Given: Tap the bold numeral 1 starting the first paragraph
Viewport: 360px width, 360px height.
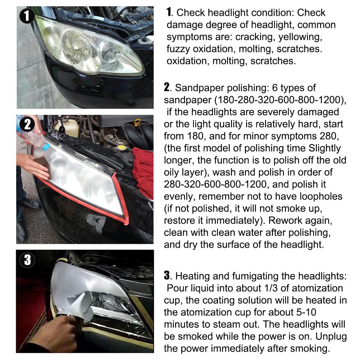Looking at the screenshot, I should pyautogui.click(x=169, y=13).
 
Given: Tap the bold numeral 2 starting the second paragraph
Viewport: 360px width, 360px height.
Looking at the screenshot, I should pyautogui.click(x=167, y=87).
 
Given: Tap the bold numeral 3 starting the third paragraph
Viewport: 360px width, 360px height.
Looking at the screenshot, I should pyautogui.click(x=167, y=276).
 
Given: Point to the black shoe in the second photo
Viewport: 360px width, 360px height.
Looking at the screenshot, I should pyautogui.click(x=31, y=204).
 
